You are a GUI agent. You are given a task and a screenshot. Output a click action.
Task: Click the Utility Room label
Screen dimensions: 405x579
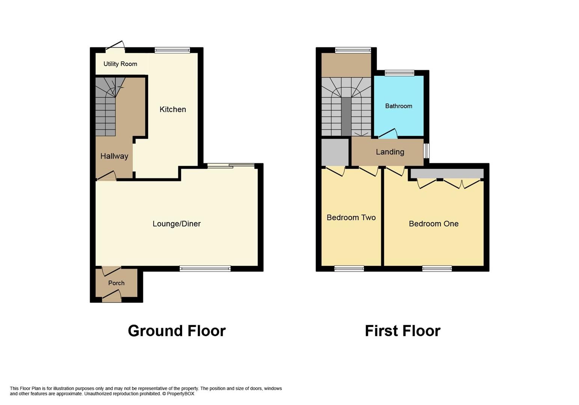pyautogui.click(x=120, y=64)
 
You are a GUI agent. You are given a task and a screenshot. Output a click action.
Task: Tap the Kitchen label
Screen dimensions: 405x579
pyautogui.click(x=173, y=109)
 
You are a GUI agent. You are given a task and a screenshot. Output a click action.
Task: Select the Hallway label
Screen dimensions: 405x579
pyautogui.click(x=114, y=156)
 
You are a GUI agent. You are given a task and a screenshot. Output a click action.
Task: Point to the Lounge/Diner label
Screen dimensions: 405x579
pyautogui.click(x=176, y=223)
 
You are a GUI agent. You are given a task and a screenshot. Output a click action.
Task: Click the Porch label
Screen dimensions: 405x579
pyautogui.click(x=116, y=283)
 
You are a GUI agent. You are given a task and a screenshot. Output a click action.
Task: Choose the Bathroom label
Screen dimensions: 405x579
pyautogui.click(x=398, y=106)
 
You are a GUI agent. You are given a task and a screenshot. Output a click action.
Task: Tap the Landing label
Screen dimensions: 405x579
pyautogui.click(x=390, y=152)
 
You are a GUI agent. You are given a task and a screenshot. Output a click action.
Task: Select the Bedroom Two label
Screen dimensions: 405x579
pyautogui.click(x=351, y=217)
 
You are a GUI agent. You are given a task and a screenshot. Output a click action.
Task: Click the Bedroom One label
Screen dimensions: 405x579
pyautogui.click(x=433, y=223)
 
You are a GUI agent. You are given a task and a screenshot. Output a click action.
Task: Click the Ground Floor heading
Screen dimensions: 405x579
pyautogui.click(x=176, y=331)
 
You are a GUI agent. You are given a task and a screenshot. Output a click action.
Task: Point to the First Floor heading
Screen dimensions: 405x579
pyautogui.click(x=403, y=331)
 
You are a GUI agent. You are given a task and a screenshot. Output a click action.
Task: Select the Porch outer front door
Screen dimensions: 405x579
pyautogui.click(x=112, y=298)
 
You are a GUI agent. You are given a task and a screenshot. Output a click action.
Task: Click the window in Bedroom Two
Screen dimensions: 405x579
pyautogui.click(x=349, y=268)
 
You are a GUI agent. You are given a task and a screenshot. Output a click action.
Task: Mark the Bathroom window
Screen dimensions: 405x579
pyautogui.click(x=399, y=73)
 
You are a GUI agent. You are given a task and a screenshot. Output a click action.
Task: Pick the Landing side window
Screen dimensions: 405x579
pyautogui.click(x=427, y=151)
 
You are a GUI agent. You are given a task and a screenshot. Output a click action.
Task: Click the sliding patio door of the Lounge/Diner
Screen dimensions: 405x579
pyautogui.click(x=231, y=165)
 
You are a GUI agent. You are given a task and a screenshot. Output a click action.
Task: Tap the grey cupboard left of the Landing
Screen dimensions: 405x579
pyautogui.click(x=335, y=152)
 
